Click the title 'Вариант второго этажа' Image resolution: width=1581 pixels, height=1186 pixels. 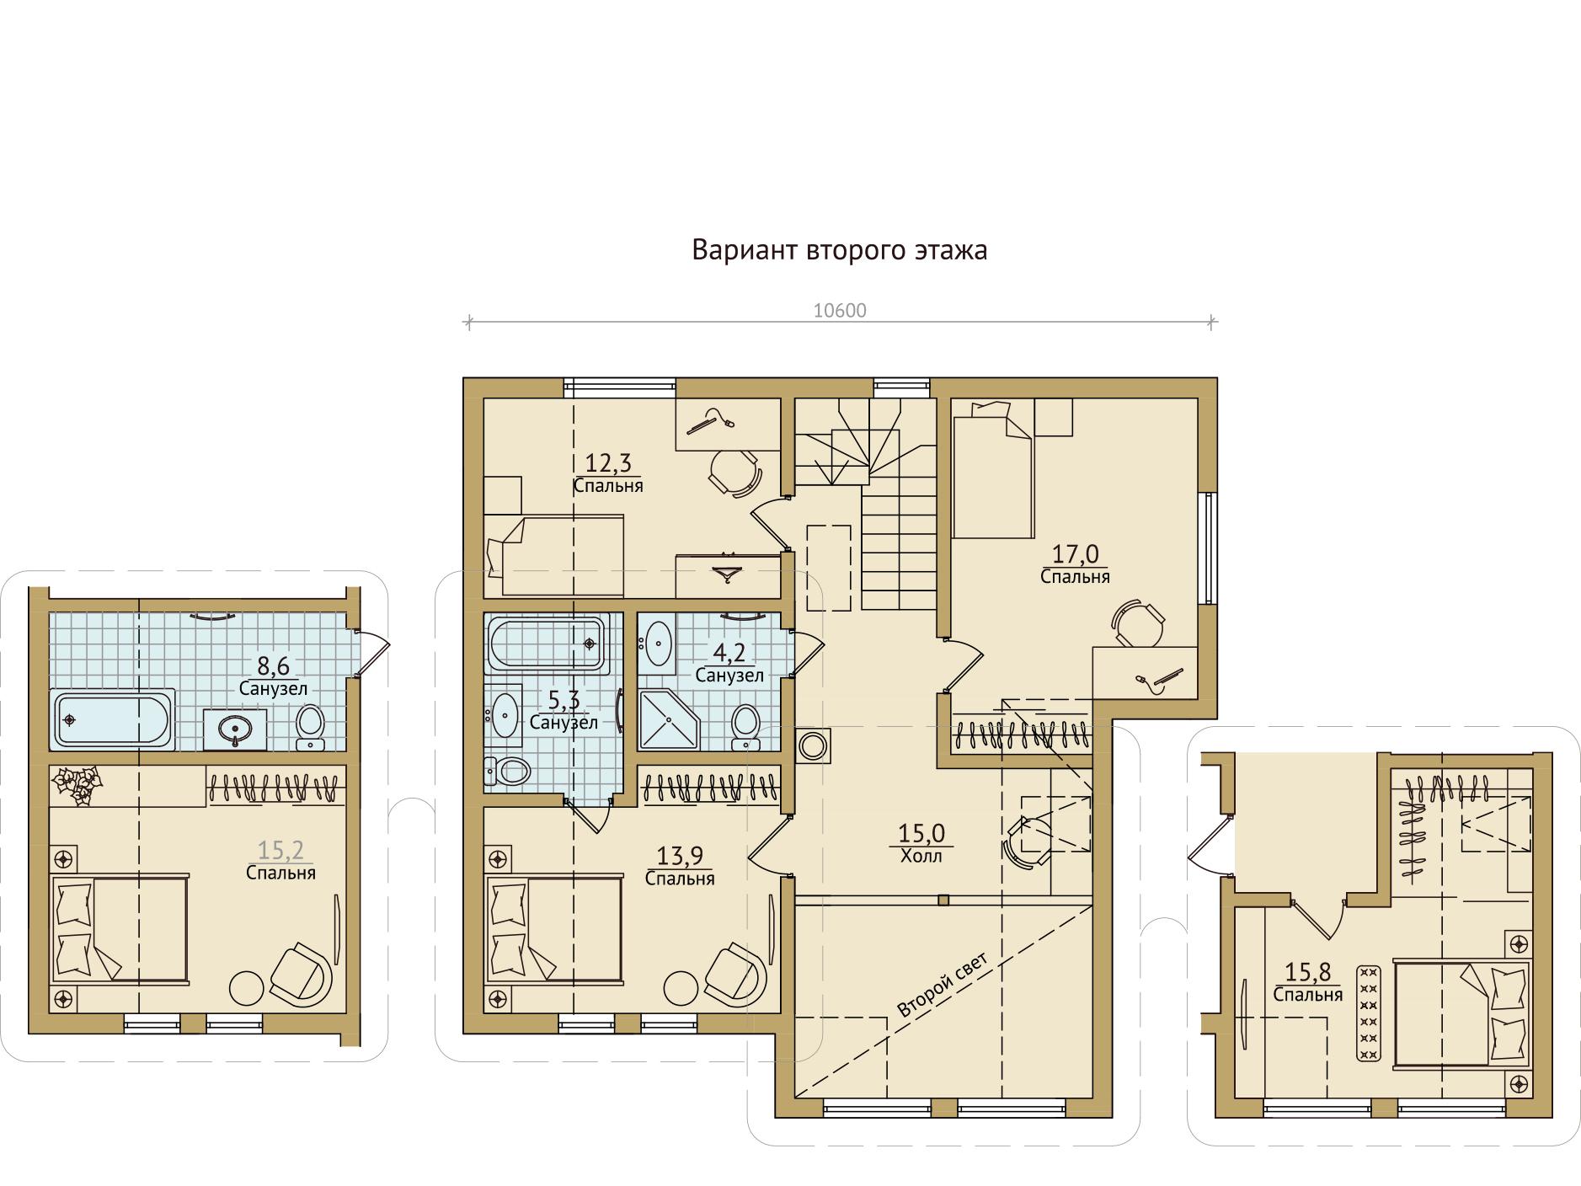(839, 251)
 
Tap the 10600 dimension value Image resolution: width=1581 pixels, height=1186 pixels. (840, 311)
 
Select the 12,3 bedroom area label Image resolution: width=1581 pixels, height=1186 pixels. (608, 473)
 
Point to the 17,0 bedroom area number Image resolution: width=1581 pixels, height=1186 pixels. (1076, 553)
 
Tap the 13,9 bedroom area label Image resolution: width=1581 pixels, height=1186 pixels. (680, 867)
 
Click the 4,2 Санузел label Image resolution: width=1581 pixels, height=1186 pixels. (729, 664)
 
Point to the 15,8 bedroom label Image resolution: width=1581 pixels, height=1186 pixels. (1307, 983)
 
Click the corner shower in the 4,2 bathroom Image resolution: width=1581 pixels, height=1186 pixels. (669, 719)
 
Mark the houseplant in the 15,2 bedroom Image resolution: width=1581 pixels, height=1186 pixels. (77, 784)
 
